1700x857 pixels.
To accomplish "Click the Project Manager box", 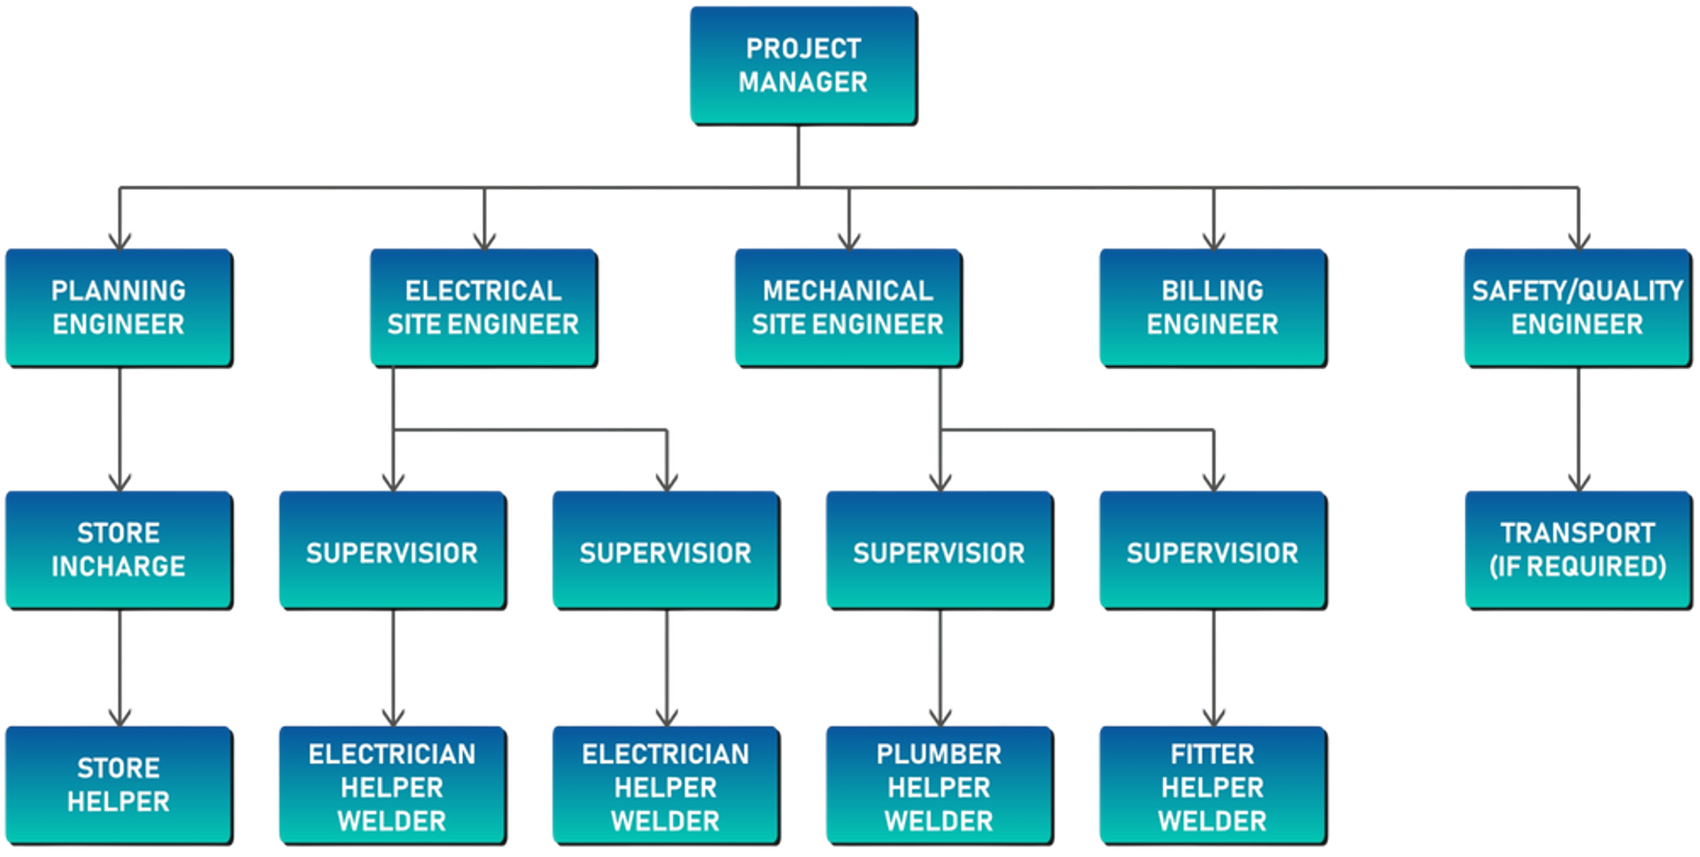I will [x=802, y=65].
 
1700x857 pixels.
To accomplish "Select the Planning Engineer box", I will [x=118, y=307].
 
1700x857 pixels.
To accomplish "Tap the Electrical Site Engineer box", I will [x=483, y=307].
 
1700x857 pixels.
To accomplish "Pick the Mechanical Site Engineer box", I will [x=847, y=307].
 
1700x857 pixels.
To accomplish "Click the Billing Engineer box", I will [x=1212, y=307].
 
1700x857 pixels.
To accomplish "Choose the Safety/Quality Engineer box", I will [x=1577, y=307].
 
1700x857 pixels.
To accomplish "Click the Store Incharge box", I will [x=118, y=549].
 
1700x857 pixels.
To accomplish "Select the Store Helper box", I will [x=118, y=784].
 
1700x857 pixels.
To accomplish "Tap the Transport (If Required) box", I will [x=1577, y=549].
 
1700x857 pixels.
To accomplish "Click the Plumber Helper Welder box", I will [x=939, y=784].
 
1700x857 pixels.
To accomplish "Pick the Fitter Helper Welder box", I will [x=1212, y=784].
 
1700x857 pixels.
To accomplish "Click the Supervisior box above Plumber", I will [x=939, y=549].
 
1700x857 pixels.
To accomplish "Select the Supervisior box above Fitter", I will [x=1212, y=549].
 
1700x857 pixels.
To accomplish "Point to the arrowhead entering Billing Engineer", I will [x=1213, y=242].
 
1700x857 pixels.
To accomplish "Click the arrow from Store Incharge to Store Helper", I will [x=120, y=666].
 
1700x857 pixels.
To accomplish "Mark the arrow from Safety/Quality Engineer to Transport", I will [x=1578, y=429].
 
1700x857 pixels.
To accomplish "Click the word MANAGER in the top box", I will [x=802, y=82].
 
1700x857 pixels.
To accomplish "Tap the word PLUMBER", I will [x=939, y=754].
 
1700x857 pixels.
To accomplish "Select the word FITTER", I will [x=1212, y=754].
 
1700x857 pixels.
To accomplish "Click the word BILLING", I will [x=1212, y=290].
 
